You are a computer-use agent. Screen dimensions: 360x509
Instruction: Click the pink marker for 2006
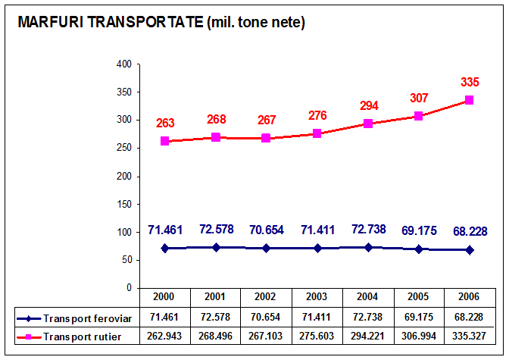469,100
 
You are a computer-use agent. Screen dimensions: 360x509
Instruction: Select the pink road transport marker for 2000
165,141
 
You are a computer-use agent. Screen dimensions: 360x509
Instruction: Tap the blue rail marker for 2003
317,248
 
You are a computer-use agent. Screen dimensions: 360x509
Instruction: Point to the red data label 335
470,82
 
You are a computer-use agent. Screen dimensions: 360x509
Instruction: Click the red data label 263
166,123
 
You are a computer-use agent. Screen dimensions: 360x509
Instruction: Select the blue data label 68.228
470,230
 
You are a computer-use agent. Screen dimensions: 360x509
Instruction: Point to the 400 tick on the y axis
123,64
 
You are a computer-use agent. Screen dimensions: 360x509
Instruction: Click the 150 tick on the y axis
123,204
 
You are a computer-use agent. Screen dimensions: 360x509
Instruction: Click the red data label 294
368,105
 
